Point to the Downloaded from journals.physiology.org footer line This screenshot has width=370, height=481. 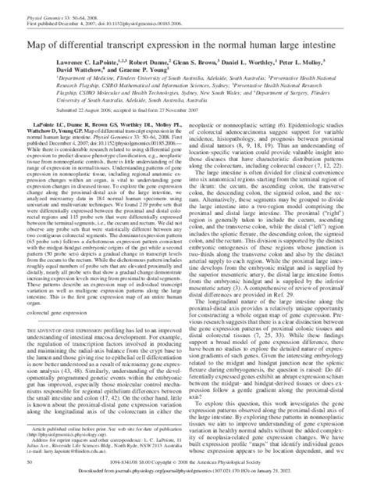pos(185,472)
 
